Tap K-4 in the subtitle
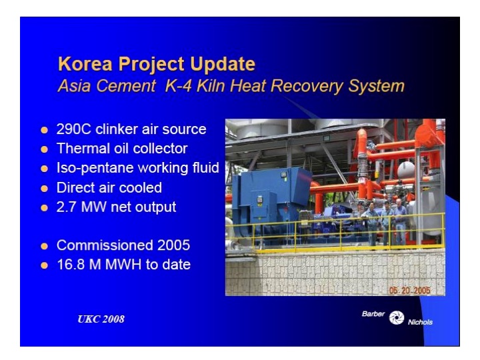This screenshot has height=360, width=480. tap(187, 86)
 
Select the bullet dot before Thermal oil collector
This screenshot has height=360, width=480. tap(45, 149)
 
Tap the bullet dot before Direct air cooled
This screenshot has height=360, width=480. tap(45, 188)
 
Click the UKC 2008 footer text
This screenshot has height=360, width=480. tap(101, 319)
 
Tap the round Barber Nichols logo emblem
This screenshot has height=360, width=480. tap(397, 317)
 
